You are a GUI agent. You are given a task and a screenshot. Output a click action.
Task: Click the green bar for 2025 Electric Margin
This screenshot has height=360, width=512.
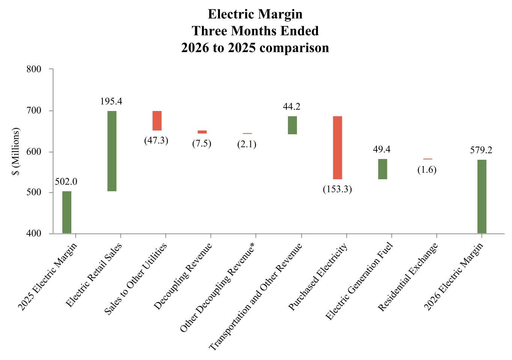67,212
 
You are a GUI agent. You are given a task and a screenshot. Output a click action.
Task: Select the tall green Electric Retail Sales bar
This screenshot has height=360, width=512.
112,151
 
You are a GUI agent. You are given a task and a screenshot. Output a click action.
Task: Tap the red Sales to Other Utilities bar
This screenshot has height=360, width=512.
157,121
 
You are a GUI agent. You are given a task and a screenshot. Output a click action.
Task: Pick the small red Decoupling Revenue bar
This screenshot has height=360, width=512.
202,132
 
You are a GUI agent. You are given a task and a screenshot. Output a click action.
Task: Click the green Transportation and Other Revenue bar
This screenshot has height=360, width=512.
292,125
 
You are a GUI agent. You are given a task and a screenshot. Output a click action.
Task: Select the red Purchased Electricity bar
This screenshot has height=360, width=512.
337,148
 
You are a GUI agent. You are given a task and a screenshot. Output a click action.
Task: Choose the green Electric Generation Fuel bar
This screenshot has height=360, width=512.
382,169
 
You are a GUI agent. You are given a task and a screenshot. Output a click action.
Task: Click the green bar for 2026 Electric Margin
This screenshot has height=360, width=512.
482,196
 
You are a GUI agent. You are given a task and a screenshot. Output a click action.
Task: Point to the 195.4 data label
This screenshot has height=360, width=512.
111,101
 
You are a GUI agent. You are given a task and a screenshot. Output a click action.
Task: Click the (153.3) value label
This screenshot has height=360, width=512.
337,189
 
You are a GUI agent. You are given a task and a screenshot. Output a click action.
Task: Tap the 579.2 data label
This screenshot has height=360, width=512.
481,150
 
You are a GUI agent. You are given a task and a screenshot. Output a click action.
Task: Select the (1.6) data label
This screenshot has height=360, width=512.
427,169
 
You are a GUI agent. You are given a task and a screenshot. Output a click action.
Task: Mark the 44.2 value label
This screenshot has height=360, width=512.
292,106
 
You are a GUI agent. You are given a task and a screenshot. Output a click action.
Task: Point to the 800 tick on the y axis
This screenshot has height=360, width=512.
34,69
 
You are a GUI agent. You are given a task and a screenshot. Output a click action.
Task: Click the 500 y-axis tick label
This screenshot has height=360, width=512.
34,192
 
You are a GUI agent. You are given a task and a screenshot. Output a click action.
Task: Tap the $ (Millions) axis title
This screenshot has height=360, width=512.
15,151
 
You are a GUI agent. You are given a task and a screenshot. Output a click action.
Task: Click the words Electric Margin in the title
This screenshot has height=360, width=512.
255,14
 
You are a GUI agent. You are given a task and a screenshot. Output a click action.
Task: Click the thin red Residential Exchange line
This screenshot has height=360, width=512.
428,159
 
